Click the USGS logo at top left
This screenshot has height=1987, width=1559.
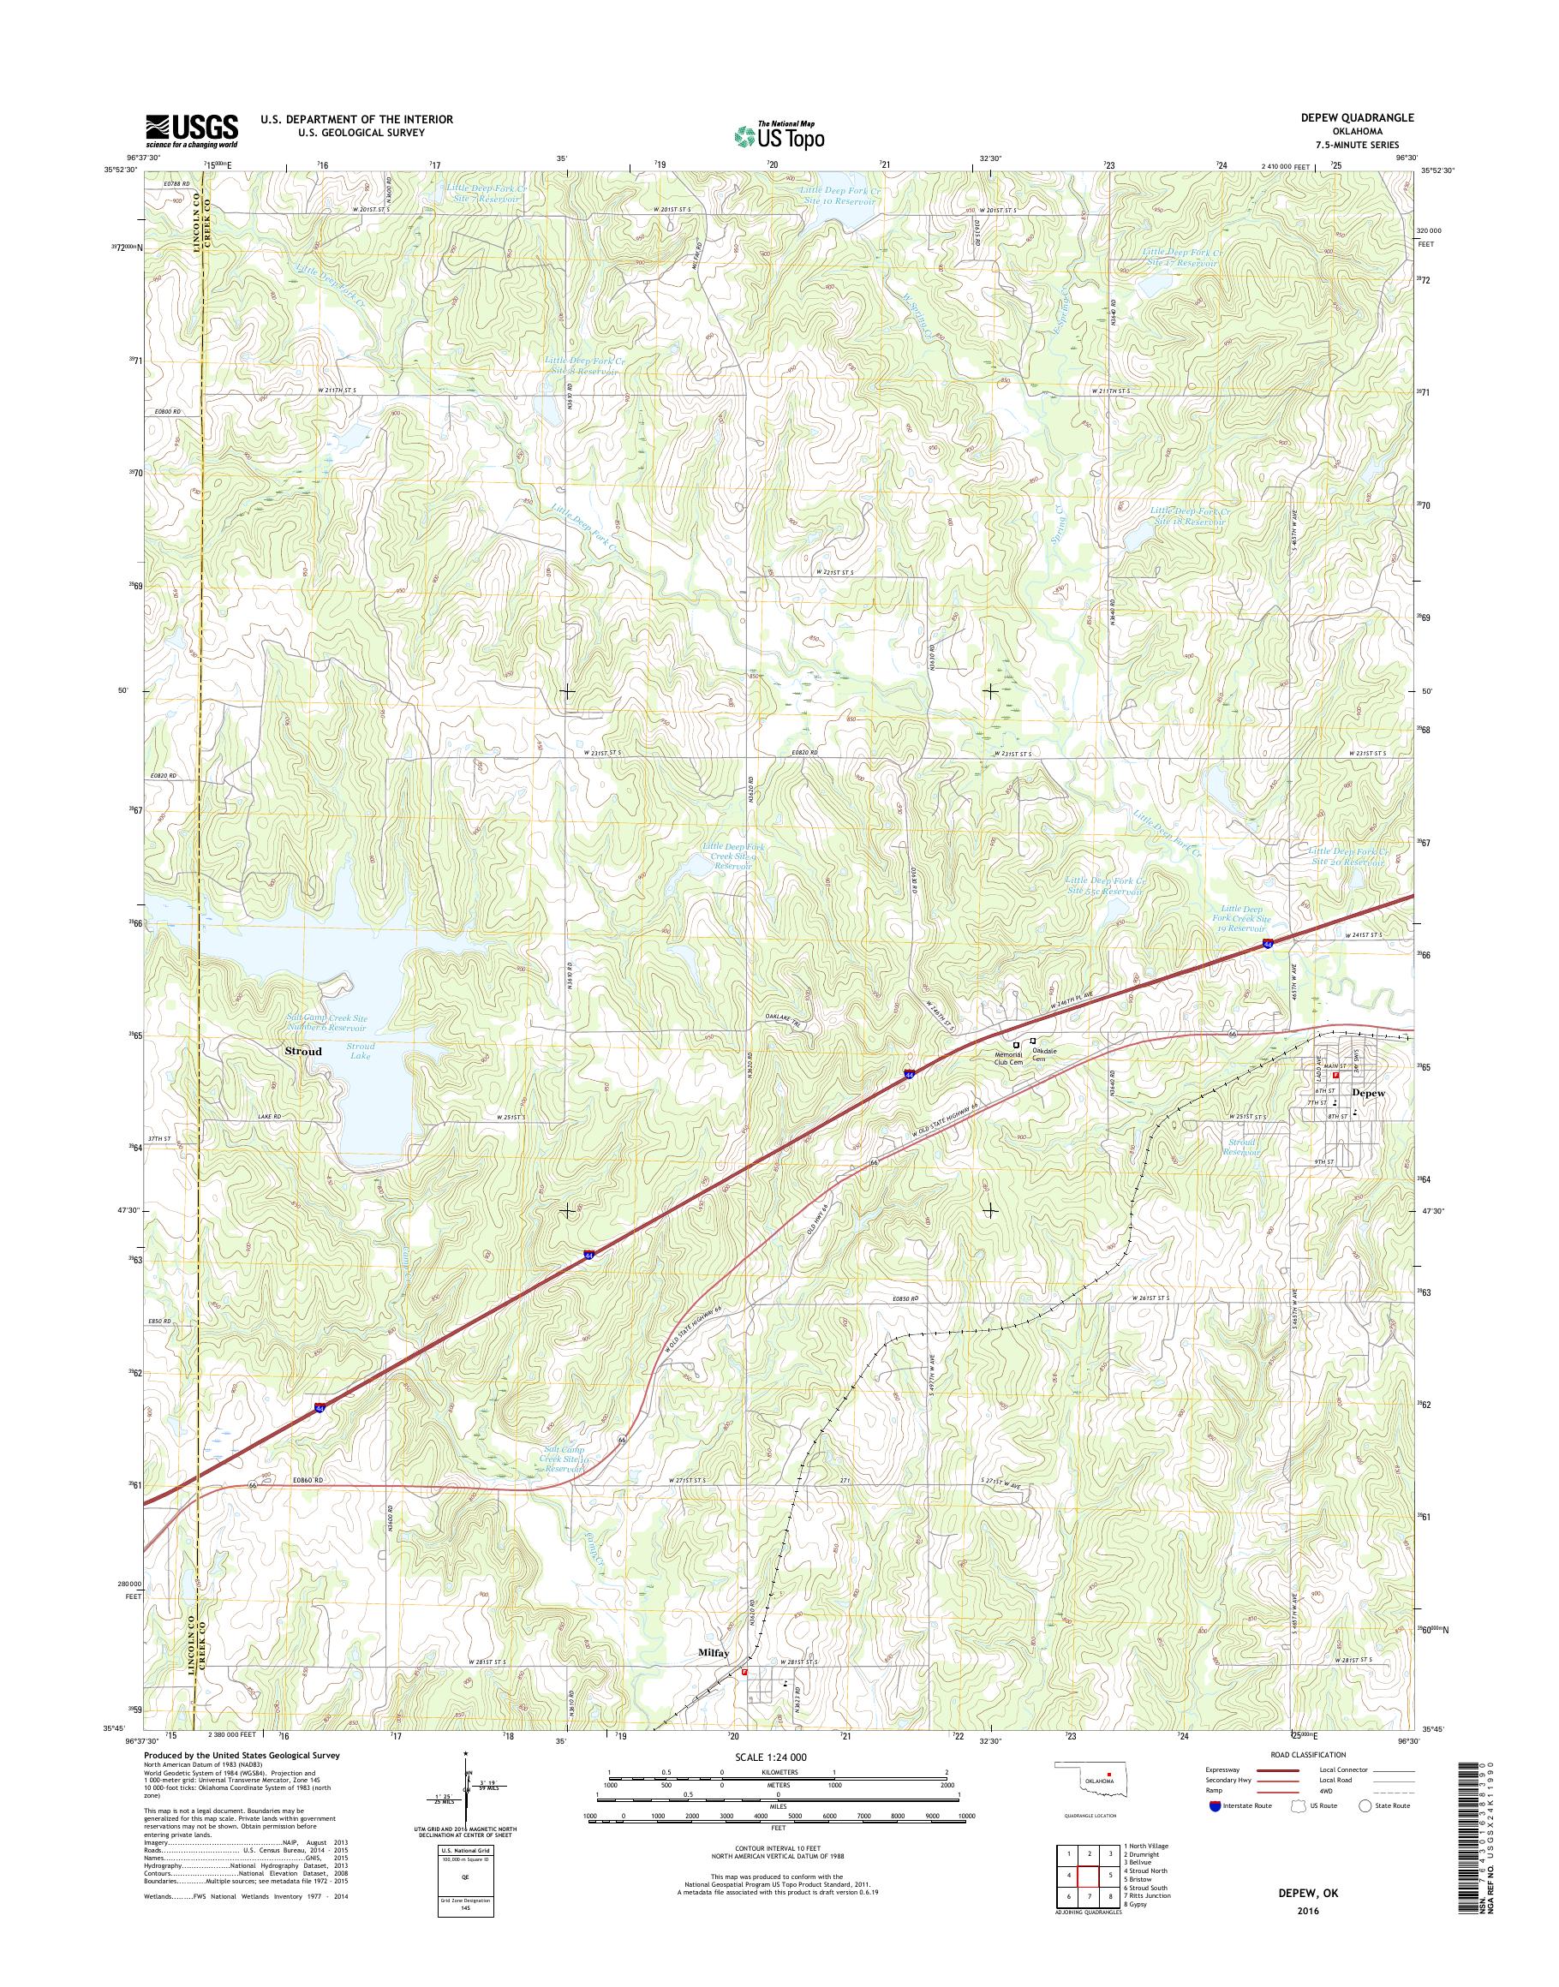[x=192, y=130]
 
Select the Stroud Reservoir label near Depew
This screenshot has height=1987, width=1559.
[x=1243, y=1147]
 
